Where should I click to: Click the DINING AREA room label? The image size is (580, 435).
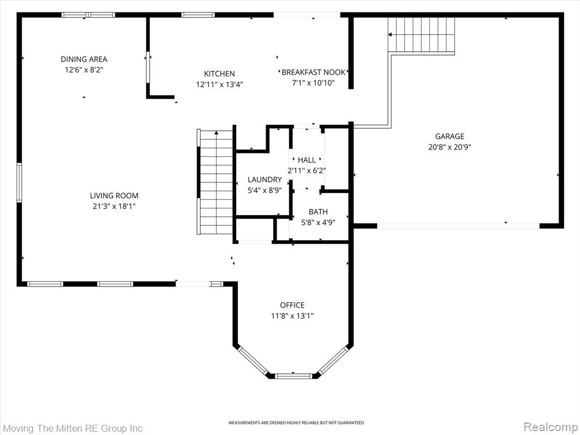tap(84, 59)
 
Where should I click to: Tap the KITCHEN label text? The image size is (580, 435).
tap(219, 74)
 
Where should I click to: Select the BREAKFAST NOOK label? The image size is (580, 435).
tap(313, 72)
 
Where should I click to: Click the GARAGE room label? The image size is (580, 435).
tap(449, 136)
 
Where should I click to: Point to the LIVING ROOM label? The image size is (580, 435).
tap(114, 195)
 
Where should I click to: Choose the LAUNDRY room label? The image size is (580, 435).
tap(265, 180)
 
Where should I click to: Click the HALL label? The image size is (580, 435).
tap(306, 160)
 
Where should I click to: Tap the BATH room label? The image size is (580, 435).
tap(318, 212)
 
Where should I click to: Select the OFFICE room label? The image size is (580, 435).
tap(292, 305)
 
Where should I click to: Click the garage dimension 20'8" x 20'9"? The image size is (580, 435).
tap(449, 147)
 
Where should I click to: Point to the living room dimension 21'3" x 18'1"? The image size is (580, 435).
tap(114, 206)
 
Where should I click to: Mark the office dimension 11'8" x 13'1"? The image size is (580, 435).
tap(292, 316)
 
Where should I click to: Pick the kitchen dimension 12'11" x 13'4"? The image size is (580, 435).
tap(219, 85)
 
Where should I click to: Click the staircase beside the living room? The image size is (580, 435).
tap(215, 182)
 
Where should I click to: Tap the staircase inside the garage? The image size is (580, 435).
tap(421, 35)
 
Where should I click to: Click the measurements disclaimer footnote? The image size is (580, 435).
tap(296, 423)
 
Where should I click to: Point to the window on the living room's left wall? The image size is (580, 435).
tap(19, 183)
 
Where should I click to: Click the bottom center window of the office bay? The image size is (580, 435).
tap(294, 376)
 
